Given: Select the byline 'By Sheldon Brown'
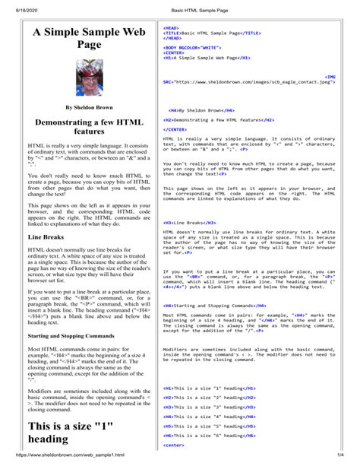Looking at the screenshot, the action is [78, 109].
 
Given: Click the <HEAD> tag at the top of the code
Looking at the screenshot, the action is [171, 26].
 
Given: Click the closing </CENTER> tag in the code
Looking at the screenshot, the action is [177, 128].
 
